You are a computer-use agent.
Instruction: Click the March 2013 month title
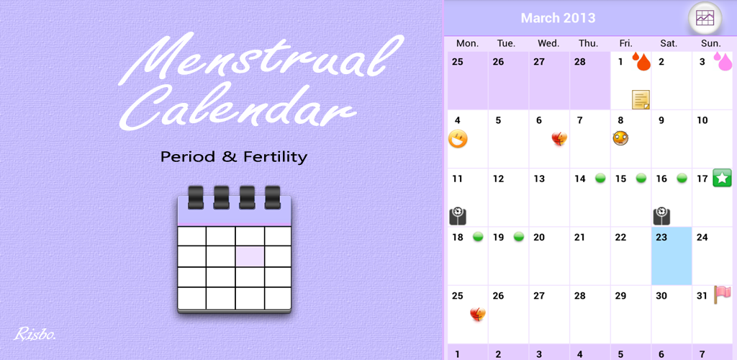click(x=558, y=18)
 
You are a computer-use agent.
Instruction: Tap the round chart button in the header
click(x=705, y=19)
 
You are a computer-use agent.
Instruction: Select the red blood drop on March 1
click(x=641, y=62)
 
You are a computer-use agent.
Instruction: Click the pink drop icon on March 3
click(x=723, y=62)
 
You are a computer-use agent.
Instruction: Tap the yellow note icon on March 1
click(x=641, y=99)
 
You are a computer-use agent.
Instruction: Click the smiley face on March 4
click(x=458, y=139)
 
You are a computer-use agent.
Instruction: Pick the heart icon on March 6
click(x=560, y=138)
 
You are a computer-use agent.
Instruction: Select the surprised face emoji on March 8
click(x=621, y=138)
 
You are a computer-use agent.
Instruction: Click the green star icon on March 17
click(x=722, y=177)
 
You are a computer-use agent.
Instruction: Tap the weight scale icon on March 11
click(x=458, y=215)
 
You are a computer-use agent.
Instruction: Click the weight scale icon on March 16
click(x=662, y=215)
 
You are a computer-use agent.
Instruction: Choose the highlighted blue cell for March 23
click(x=672, y=256)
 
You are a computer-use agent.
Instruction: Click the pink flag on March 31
click(x=722, y=294)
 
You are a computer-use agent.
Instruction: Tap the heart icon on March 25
click(x=478, y=313)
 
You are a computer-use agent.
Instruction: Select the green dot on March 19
click(x=518, y=236)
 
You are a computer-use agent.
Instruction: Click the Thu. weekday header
click(x=589, y=43)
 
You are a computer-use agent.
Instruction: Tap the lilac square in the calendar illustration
click(x=249, y=256)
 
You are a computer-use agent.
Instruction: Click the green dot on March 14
click(x=600, y=178)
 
